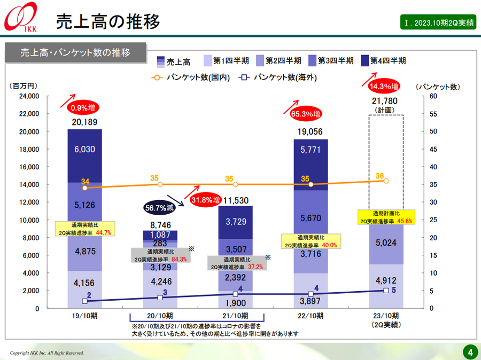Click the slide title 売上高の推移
click(108, 21)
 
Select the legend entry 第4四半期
click(384, 60)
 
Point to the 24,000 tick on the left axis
click(29, 96)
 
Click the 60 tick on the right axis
click(433, 96)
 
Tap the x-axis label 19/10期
click(84, 316)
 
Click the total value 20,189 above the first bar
click(84, 123)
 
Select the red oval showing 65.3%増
click(305, 114)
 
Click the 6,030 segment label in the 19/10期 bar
click(84, 150)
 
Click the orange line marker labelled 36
click(386, 181)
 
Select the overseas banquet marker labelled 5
click(386, 290)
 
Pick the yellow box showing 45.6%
click(385, 217)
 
